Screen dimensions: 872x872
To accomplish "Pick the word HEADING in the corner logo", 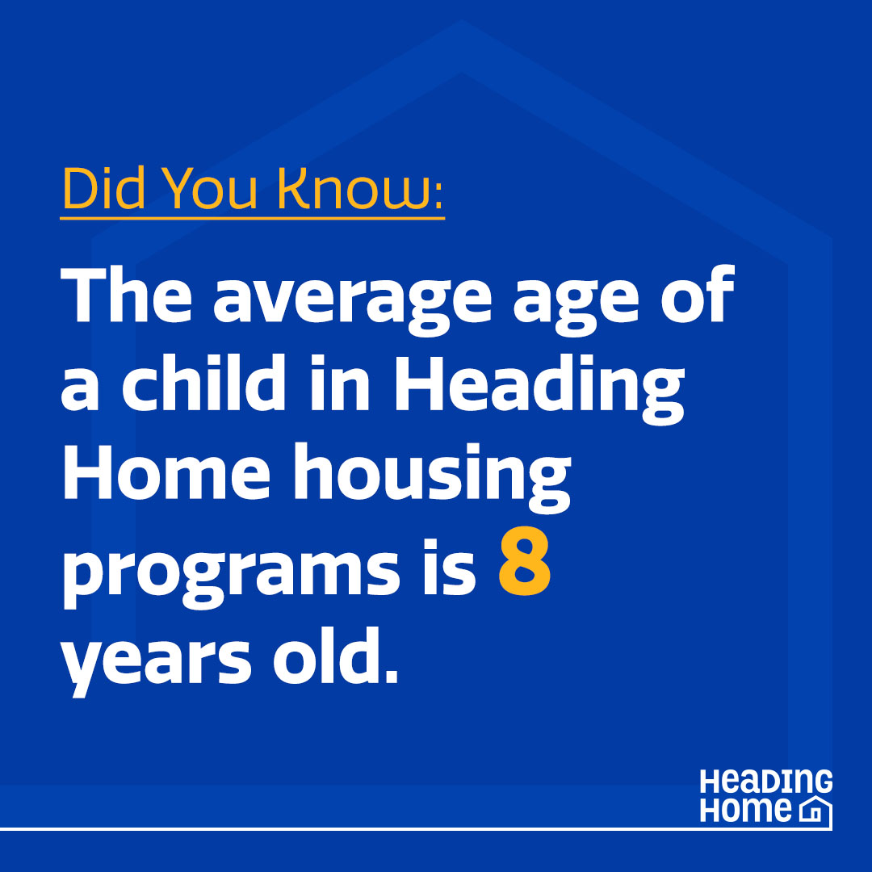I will point(765,782).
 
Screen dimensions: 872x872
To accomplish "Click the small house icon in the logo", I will point(815,810).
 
